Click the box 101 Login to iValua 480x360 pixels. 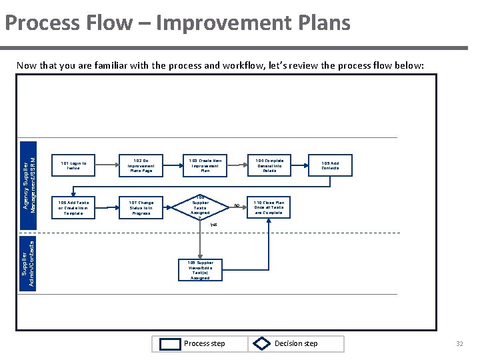click(73, 165)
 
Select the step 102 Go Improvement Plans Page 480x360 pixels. click(141, 165)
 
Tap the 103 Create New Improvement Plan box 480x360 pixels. click(205, 165)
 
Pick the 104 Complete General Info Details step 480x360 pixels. click(269, 165)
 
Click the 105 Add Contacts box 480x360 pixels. click(330, 165)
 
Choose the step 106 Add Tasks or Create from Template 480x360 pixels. click(73, 207)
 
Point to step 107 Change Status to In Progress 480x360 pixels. click(141, 207)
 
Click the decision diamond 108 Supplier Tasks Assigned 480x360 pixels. click(200, 207)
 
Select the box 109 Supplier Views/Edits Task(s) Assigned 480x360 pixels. click(200, 270)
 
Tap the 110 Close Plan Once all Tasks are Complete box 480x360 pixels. click(269, 207)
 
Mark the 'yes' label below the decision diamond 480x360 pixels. click(213, 225)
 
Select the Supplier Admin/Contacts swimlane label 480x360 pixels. click(29, 264)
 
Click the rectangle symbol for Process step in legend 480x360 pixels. click(171, 344)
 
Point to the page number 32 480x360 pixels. click(459, 344)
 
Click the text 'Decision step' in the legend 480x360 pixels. click(296, 344)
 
